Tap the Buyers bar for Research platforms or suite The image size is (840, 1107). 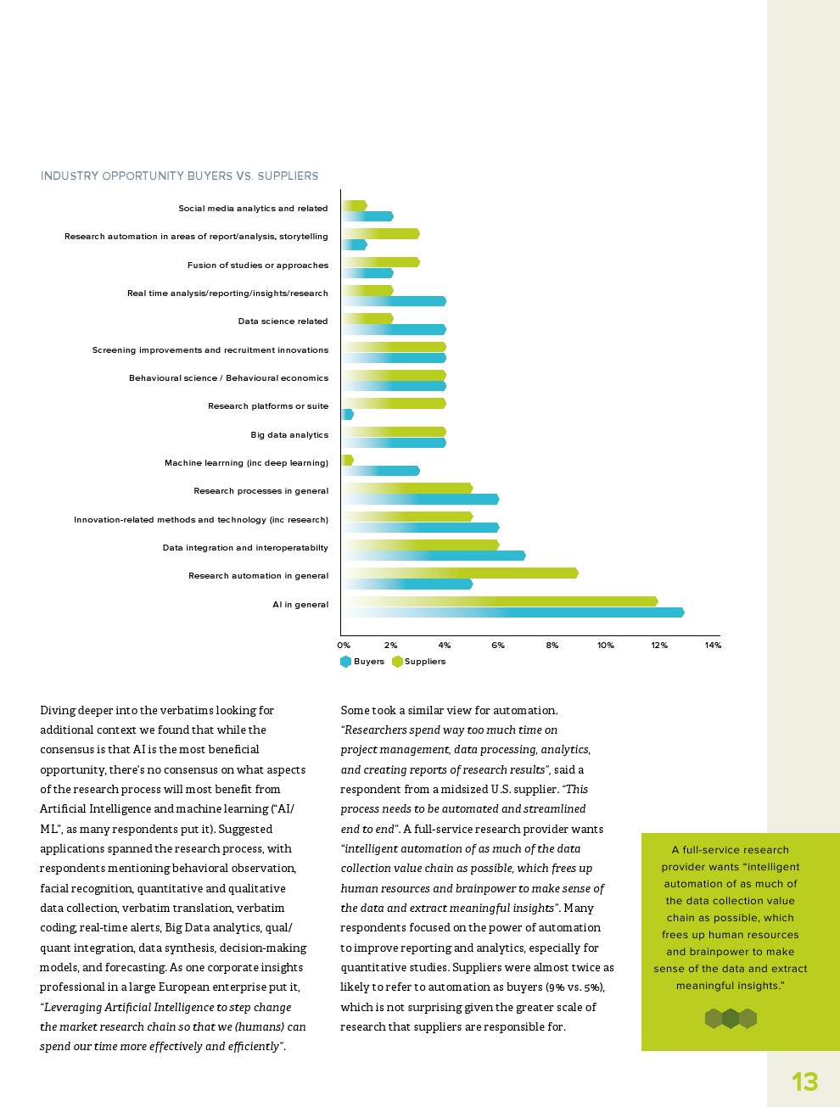(347, 415)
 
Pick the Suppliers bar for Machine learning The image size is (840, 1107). (347, 460)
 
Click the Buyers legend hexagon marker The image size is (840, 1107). (345, 662)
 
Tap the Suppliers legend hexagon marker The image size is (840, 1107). (397, 662)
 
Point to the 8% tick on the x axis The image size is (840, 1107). (552, 646)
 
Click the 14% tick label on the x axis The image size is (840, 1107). (713, 646)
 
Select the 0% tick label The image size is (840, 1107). (344, 646)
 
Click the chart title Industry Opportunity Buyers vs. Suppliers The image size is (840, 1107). (180, 176)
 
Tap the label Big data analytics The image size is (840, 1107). (289, 435)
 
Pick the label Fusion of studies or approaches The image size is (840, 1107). (258, 266)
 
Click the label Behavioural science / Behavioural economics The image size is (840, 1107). (228, 378)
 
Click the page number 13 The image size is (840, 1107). (804, 1082)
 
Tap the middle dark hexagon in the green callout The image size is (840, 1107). (731, 1018)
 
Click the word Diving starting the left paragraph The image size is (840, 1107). (58, 711)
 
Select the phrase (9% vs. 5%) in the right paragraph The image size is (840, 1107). (574, 987)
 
